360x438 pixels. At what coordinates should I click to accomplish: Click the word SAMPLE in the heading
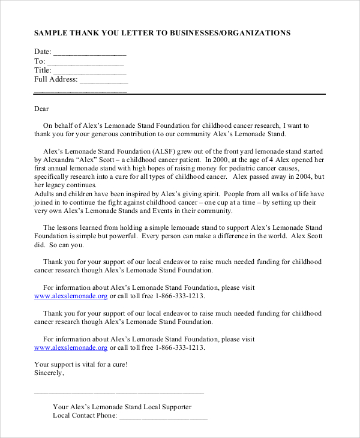[x=51, y=33]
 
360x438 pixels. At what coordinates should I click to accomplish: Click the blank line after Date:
[x=90, y=53]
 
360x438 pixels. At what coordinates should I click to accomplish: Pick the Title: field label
[x=43, y=70]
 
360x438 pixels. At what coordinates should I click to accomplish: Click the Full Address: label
[x=56, y=79]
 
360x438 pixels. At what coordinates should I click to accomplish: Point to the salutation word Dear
[x=41, y=109]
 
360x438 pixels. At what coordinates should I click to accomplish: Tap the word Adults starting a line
[x=45, y=194]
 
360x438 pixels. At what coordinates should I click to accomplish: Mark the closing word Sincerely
[x=49, y=373]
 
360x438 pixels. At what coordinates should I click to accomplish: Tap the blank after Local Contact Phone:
[x=163, y=417]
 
